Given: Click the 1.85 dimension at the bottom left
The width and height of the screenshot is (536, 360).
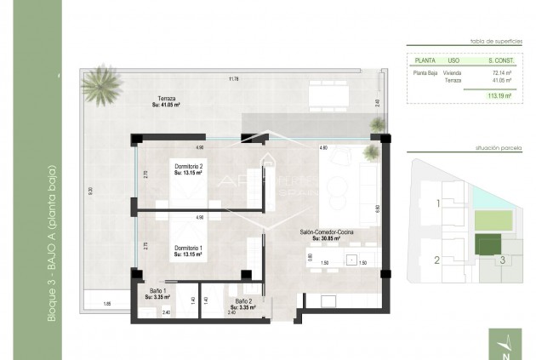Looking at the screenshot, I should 107,304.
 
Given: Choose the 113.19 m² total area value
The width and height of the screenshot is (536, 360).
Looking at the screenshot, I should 499,96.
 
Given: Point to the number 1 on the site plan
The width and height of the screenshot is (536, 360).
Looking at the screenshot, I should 438,204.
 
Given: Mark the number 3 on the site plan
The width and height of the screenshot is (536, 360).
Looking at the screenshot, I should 503,260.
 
